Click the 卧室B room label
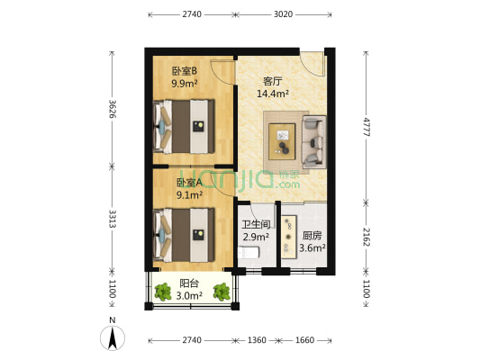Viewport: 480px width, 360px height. coord(185,71)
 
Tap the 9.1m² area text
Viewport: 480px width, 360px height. coord(189,194)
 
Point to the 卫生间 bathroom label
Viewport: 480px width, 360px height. coord(255,225)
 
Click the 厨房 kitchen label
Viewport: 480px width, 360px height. coord(312,236)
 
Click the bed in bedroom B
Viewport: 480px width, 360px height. coord(185,126)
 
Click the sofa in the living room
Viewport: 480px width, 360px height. coord(314,141)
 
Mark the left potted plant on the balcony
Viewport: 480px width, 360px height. coord(163,292)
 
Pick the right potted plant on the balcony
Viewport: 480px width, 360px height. coord(221,292)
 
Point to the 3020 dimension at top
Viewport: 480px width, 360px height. coord(283,15)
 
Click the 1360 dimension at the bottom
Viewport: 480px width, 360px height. coord(258,340)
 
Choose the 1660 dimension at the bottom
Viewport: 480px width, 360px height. coord(303,340)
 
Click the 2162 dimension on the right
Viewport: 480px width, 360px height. coord(367,237)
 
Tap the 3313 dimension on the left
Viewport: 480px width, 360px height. coord(112,220)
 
